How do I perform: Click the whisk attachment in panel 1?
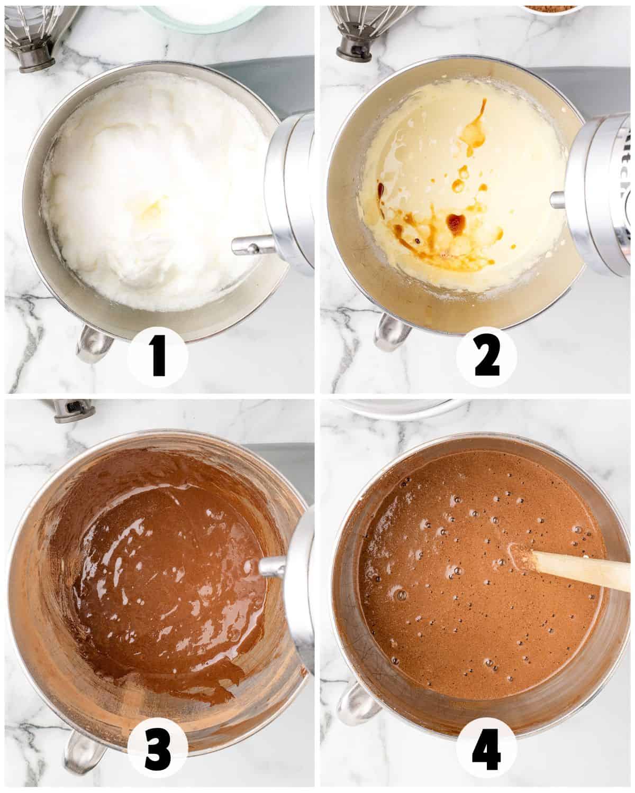click(37, 37)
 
